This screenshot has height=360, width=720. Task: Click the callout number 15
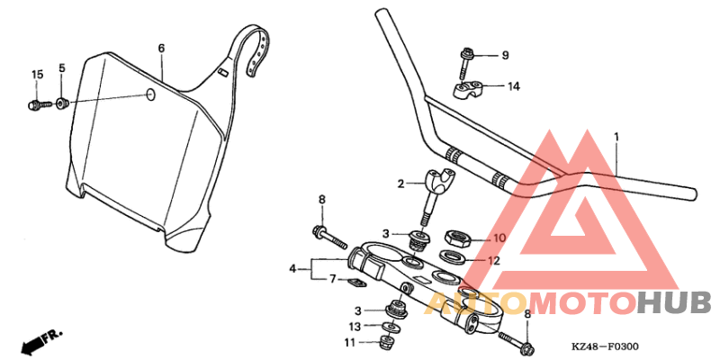point(37,74)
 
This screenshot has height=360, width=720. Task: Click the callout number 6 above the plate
point(161,48)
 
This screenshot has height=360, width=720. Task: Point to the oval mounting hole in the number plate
point(150,94)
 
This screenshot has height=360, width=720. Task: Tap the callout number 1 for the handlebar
point(616,137)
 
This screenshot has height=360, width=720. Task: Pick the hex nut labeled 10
point(455,238)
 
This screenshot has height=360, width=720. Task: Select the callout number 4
point(292,268)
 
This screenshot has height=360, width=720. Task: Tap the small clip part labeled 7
point(355,283)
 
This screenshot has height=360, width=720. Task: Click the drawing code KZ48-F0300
point(604,346)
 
